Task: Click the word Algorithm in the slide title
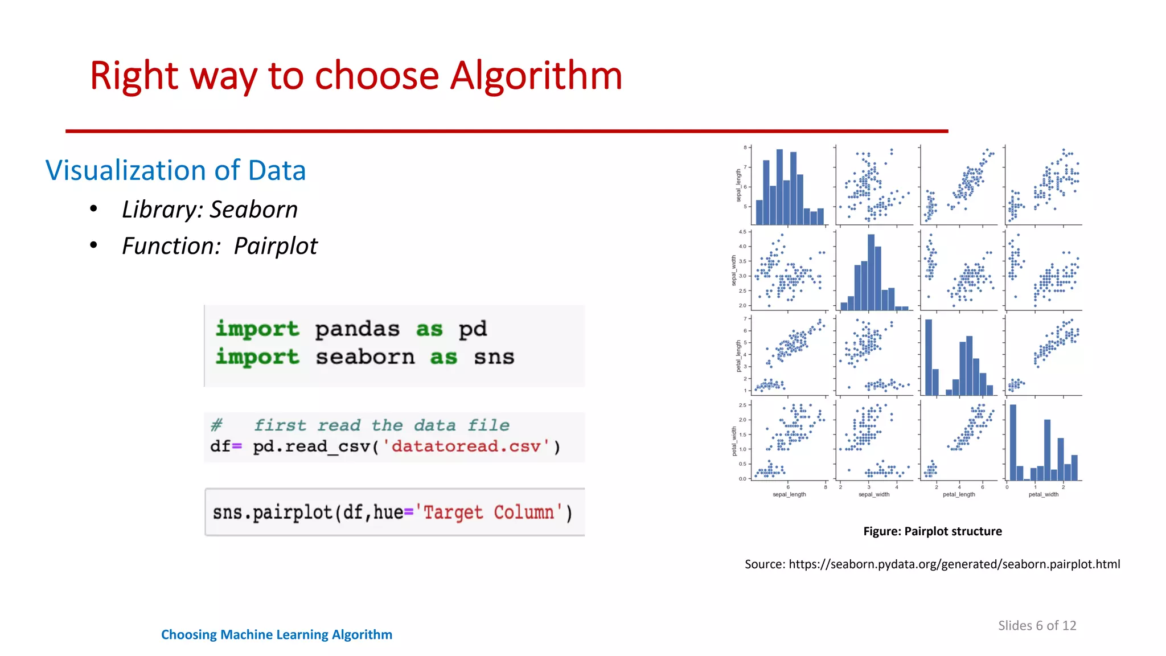pyautogui.click(x=536, y=76)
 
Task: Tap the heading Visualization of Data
pyautogui.click(x=175, y=170)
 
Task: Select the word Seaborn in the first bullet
pyautogui.click(x=253, y=210)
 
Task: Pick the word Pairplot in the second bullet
pyautogui.click(x=276, y=246)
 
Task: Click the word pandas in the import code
pyautogui.click(x=357, y=329)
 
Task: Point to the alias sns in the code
pyautogui.click(x=494, y=357)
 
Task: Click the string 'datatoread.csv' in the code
pyautogui.click(x=466, y=446)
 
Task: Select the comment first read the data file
pyautogui.click(x=381, y=425)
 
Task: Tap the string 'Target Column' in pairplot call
pyautogui.click(x=489, y=512)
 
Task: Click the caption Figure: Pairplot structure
pyautogui.click(x=932, y=531)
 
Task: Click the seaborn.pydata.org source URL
pyautogui.click(x=954, y=564)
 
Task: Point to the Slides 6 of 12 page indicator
pyautogui.click(x=1037, y=625)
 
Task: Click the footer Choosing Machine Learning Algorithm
pyautogui.click(x=277, y=634)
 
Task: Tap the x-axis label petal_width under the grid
pyautogui.click(x=1043, y=494)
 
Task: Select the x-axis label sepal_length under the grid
pyautogui.click(x=789, y=494)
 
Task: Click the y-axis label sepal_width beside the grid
pyautogui.click(x=734, y=270)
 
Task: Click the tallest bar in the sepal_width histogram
pyautogui.click(x=871, y=272)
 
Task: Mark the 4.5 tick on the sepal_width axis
pyautogui.click(x=742, y=232)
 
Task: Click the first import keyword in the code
pyautogui.click(x=257, y=329)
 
